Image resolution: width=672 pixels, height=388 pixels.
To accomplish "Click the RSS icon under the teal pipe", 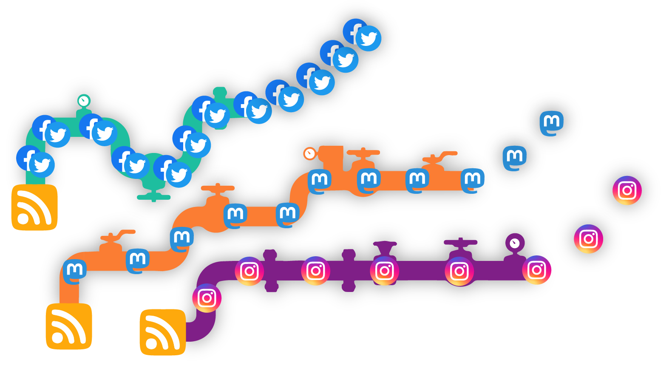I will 34,207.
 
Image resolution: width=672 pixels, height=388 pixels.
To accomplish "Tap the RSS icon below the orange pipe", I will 69,326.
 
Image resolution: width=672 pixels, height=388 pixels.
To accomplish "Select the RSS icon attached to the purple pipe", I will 163,332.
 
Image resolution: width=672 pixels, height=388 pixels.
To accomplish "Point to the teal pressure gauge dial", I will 84,101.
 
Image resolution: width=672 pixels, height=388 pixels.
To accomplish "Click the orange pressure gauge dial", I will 309,153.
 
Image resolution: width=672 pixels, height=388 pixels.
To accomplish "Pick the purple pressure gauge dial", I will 515,243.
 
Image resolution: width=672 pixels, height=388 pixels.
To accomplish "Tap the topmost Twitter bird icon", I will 369,39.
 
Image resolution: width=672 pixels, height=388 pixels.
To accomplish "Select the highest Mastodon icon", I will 552,123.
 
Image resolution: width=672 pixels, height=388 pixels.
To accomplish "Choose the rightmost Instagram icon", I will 627,190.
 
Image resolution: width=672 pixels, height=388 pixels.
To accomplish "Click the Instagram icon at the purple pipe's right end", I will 536,270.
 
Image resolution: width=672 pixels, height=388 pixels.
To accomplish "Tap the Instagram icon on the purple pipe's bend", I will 207,298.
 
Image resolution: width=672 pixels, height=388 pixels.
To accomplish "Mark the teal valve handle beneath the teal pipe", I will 153,197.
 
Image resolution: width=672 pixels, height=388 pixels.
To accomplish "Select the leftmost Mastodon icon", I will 75,271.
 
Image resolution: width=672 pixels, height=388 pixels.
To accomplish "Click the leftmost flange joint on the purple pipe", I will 270,271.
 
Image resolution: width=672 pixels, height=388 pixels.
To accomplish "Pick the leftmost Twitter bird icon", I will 42,165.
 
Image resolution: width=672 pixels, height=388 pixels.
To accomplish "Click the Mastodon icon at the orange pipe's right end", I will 473,180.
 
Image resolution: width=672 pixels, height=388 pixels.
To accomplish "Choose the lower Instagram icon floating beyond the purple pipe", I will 589,239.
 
